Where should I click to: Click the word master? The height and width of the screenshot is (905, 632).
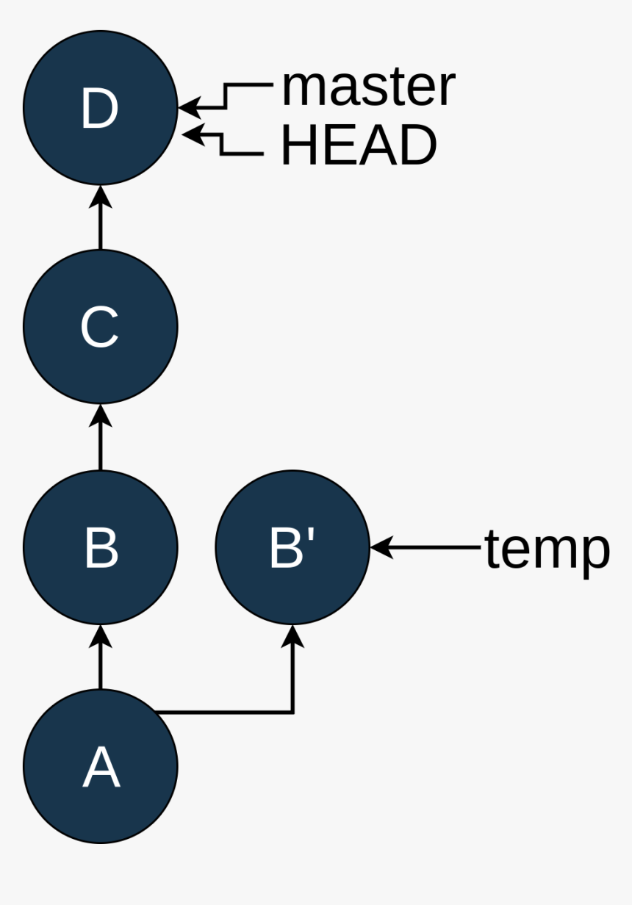point(368,87)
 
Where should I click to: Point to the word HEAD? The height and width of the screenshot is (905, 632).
point(359,145)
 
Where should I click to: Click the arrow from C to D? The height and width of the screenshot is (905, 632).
point(101,217)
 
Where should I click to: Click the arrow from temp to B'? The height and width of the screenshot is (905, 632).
point(426,547)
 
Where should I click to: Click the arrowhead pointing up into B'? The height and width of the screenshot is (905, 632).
point(293,636)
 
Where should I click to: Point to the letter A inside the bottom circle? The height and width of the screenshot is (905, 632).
point(101,768)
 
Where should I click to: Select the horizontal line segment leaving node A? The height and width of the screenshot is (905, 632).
point(224,712)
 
